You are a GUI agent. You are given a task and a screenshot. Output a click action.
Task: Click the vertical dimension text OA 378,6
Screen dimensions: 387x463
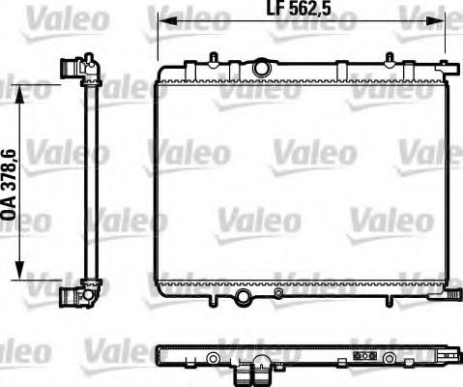[9, 183]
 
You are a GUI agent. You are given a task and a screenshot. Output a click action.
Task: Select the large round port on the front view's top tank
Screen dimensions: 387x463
[261, 69]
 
